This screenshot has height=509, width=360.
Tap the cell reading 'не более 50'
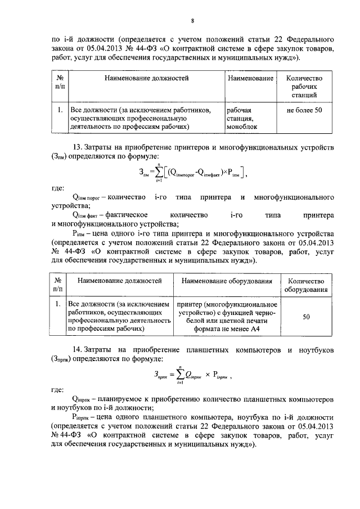coord(304,110)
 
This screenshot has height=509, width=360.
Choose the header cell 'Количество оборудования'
coord(307,285)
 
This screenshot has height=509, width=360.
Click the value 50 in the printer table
coord(307,317)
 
